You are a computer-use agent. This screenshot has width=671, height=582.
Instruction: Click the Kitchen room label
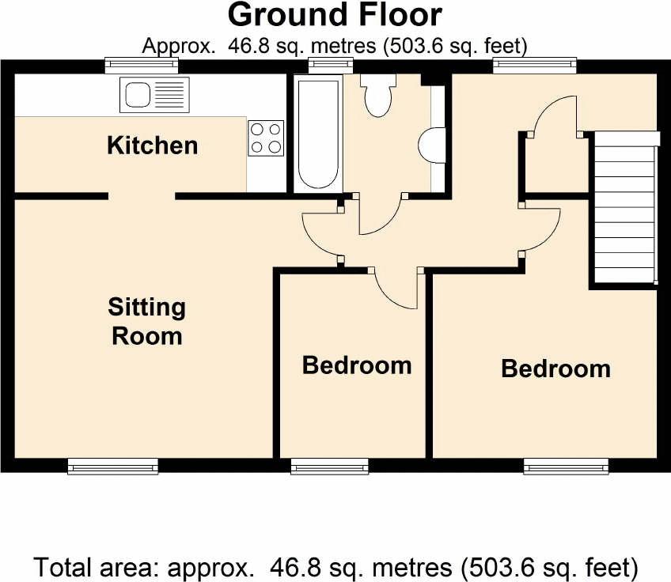153,145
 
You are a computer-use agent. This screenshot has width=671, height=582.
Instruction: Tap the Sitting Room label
147,321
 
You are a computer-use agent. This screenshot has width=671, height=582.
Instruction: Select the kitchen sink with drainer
154,95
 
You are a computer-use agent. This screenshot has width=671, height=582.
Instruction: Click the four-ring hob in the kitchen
266,138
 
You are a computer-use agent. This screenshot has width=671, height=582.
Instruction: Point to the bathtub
318,134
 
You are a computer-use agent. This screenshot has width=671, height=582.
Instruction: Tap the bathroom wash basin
432,145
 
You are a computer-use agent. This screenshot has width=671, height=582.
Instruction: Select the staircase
625,208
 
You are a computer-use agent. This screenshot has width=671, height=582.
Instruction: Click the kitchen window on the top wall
142,65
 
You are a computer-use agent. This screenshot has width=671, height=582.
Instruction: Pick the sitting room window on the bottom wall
113,466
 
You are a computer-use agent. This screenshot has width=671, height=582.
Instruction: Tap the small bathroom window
332,65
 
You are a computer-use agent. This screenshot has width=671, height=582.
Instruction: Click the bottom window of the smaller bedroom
329,466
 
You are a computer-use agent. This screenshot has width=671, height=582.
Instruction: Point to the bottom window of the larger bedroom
566,466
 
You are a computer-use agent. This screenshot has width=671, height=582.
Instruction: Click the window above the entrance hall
535,65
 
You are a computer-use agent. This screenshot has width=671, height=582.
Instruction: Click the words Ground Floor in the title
335,15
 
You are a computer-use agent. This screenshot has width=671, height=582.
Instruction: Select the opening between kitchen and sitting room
142,196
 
